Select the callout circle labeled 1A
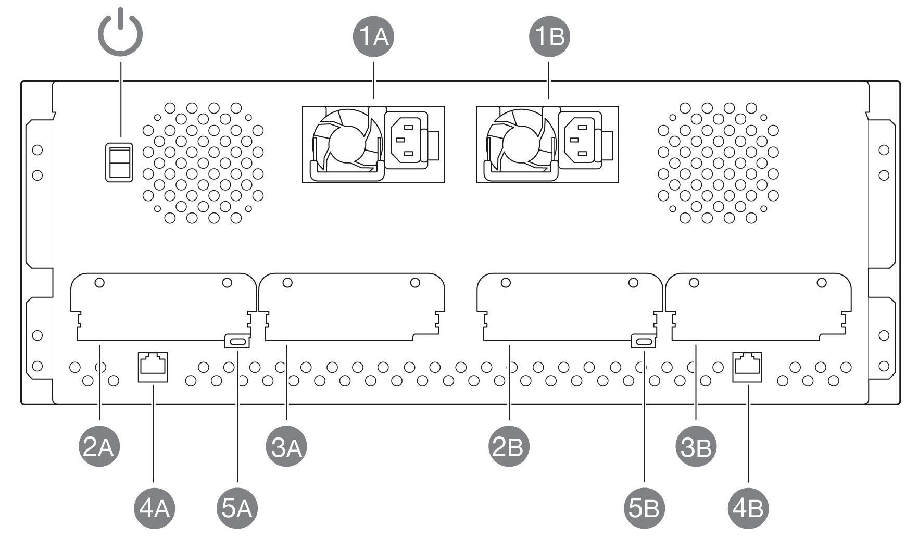tap(374, 37)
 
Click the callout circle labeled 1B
tap(550, 37)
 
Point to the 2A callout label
tap(99, 447)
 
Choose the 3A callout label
tap(287, 447)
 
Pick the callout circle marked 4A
tap(154, 508)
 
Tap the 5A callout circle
tap(237, 508)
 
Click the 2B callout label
tap(508, 447)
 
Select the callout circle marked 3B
tap(696, 447)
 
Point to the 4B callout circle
tap(748, 508)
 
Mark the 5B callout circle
tap(645, 508)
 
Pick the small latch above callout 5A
tap(237, 342)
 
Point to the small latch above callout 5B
tap(644, 342)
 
